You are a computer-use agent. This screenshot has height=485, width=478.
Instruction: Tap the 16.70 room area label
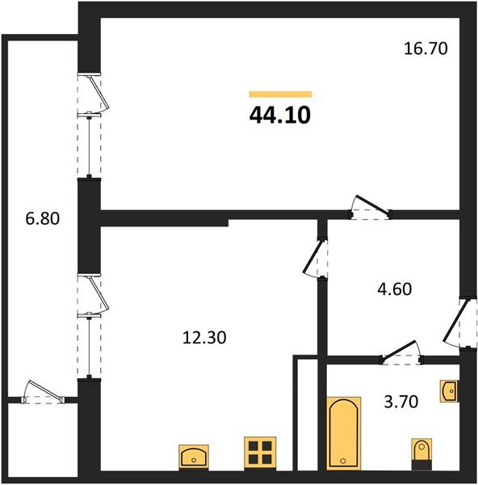(425, 48)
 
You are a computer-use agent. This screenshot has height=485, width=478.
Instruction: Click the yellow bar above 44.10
(279, 94)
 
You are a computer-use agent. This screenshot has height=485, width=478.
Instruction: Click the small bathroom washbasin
(449, 391)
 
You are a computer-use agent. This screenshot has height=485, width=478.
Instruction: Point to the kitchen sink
(194, 457)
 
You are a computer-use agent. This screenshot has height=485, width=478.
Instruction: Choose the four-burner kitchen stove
(261, 453)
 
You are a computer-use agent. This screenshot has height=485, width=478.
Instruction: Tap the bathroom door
(401, 352)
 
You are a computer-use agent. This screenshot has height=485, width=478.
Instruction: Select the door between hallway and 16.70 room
(368, 207)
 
